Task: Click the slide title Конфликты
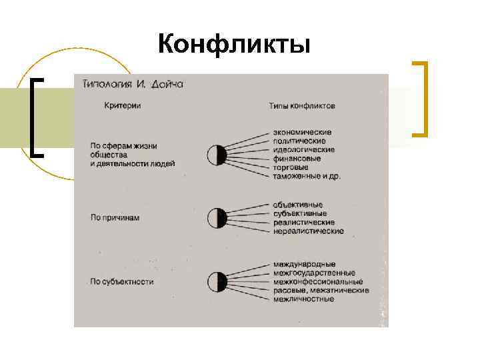point(235,45)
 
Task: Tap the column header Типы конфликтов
point(302,105)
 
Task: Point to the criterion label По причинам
point(115,217)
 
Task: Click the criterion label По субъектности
point(122,282)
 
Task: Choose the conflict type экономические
point(302,133)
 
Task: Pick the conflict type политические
point(299,141)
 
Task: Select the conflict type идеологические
point(303,150)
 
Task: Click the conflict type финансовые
point(297,159)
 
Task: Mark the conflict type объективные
point(298,205)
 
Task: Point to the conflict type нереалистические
point(308,231)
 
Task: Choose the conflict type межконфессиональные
point(313,282)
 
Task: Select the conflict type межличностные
point(303,299)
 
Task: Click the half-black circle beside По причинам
point(217,218)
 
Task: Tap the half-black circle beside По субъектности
point(217,282)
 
